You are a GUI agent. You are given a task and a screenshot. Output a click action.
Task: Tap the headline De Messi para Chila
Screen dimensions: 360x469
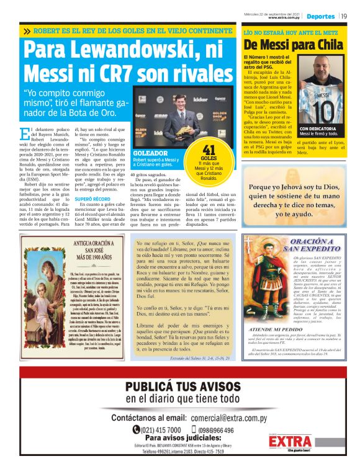pos(292,45)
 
